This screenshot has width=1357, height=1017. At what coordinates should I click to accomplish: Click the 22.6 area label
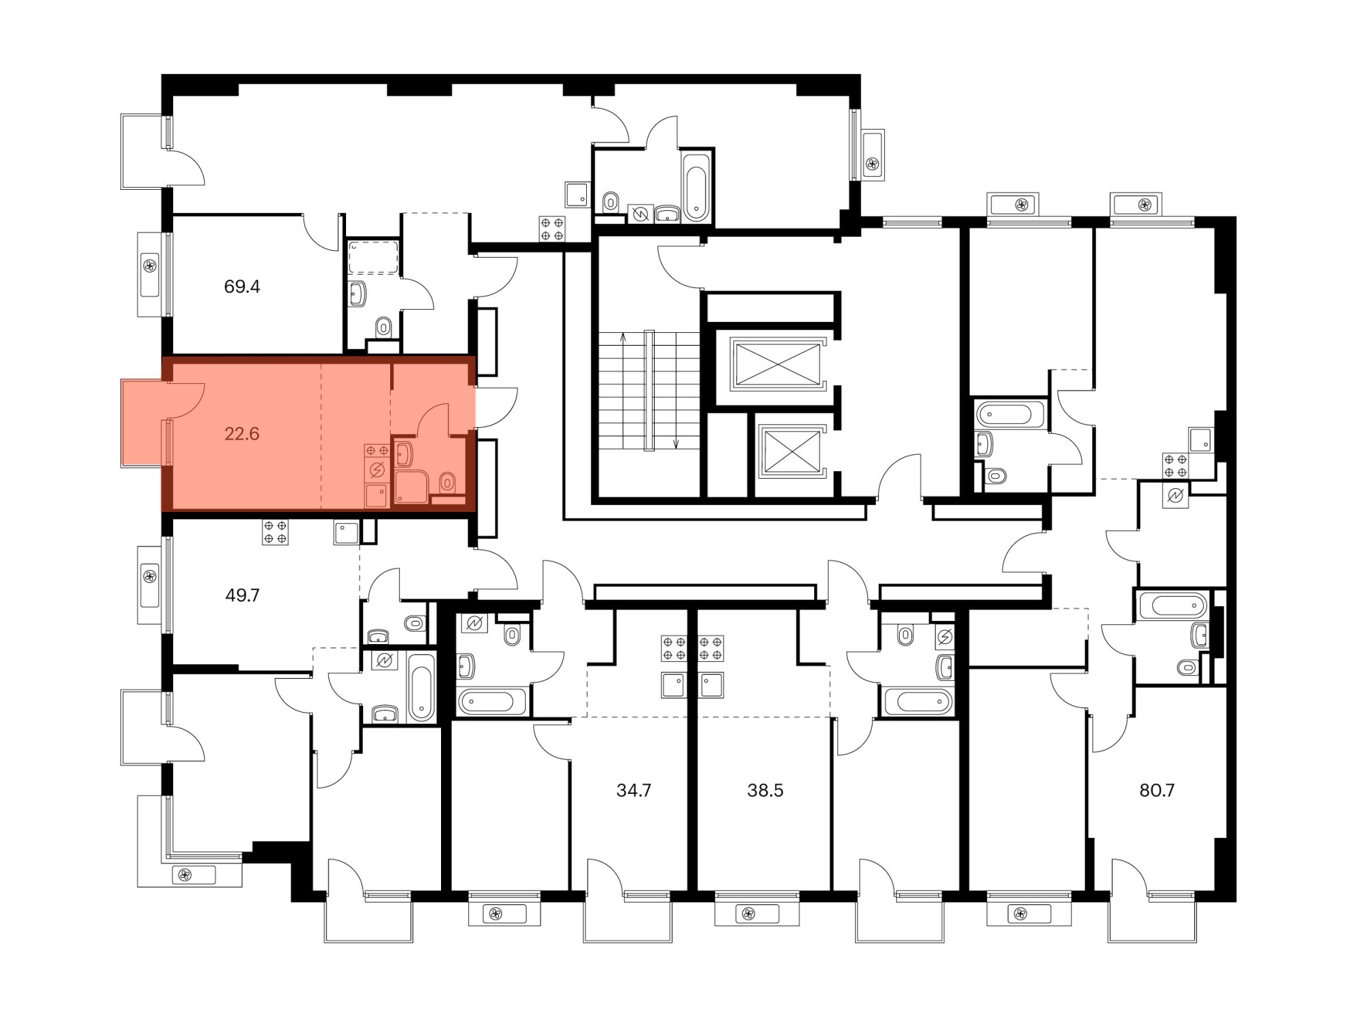[x=242, y=434]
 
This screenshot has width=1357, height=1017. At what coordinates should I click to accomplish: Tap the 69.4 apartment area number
[x=242, y=287]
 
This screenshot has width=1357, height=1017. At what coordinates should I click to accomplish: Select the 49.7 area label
[x=242, y=595]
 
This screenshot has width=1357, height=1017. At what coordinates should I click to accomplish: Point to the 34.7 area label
[x=633, y=790]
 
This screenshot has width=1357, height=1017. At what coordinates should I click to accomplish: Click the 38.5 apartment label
[x=765, y=790]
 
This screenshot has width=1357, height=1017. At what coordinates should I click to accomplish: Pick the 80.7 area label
[x=1156, y=790]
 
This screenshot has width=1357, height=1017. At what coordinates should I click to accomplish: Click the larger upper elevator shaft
[x=777, y=364]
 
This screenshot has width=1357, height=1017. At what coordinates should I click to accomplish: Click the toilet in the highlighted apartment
[x=446, y=483]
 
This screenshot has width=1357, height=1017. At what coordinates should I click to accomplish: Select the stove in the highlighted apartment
[x=377, y=451]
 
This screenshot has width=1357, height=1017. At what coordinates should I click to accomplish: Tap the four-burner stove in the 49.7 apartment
[x=275, y=532]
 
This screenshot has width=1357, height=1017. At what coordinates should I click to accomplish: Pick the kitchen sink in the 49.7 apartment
[x=346, y=532]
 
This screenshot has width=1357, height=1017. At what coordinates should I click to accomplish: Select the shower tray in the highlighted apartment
[x=411, y=487]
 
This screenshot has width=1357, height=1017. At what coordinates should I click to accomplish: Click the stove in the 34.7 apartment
[x=674, y=649]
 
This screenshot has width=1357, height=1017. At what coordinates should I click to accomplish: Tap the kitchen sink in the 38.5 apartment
[x=712, y=685]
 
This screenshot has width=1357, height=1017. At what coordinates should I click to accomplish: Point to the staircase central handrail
[x=649, y=391]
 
